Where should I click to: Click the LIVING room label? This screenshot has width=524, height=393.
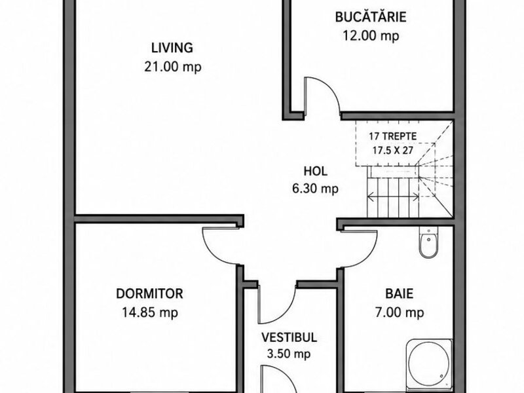172,48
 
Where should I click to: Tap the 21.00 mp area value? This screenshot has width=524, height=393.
173,67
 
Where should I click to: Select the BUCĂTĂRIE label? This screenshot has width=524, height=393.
371,17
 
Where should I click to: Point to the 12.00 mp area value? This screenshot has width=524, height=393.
371,35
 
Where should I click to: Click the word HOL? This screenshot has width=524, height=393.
316,171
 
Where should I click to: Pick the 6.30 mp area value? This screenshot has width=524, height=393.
316,189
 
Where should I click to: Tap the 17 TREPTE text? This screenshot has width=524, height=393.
392,136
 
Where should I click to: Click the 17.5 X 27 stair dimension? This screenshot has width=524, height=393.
392,151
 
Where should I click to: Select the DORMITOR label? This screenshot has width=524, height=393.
149,293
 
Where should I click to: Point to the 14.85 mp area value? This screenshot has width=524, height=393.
150,313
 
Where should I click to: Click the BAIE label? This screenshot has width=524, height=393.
400,293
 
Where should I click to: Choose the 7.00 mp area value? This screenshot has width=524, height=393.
400,313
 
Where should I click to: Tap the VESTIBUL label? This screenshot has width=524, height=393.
289,337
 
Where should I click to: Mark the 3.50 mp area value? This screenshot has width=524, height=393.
289,354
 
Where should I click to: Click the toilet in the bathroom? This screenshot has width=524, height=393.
428,242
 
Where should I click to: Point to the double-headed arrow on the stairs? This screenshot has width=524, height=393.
393,197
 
